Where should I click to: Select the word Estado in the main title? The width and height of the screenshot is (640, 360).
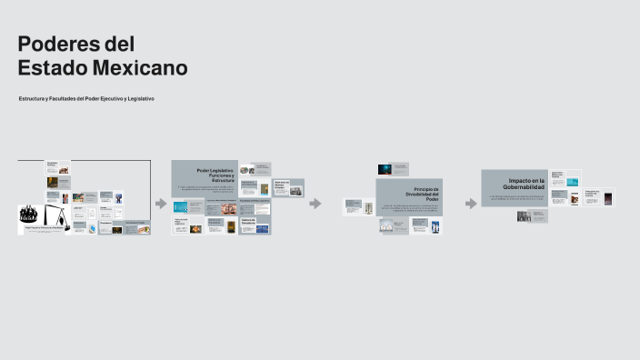pos(48,68)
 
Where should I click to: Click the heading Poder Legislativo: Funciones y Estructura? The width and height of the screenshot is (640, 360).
pos(216,175)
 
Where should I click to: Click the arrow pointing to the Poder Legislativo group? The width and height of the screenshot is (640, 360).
pos(161,203)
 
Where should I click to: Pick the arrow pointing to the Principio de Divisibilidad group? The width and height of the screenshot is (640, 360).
pos(315,203)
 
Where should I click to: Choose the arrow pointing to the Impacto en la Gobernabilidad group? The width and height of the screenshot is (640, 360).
pos(470,203)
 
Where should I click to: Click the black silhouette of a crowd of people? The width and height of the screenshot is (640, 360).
pos(33,215)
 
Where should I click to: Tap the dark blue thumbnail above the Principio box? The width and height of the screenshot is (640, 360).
pos(385,168)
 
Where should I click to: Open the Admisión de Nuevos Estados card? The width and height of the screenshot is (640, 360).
pos(288,187)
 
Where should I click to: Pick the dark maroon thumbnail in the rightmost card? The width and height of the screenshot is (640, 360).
pos(607,198)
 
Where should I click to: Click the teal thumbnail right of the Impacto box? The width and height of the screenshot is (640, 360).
pos(573,182)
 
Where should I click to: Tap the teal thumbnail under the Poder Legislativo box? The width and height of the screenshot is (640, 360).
pos(181,206)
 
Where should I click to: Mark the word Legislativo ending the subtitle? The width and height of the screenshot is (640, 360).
pos(140,98)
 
